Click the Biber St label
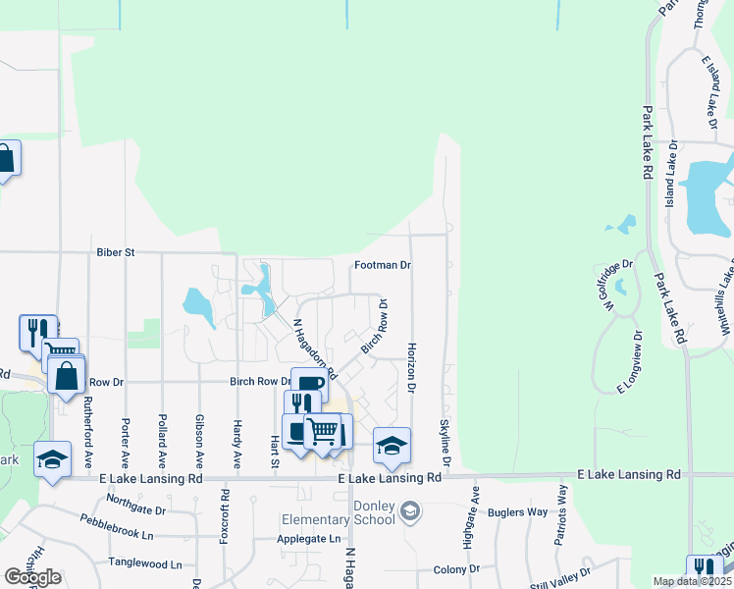tap(115, 252)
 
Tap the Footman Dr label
tap(382, 265)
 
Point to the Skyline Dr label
tap(445, 442)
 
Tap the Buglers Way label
tap(522, 512)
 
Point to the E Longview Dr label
tap(629, 361)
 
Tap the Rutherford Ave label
tap(88, 431)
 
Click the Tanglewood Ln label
tap(145, 564)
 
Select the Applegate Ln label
tap(308, 539)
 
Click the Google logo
tap(32, 577)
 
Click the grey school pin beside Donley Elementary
tap(410, 510)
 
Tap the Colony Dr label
tap(456, 569)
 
